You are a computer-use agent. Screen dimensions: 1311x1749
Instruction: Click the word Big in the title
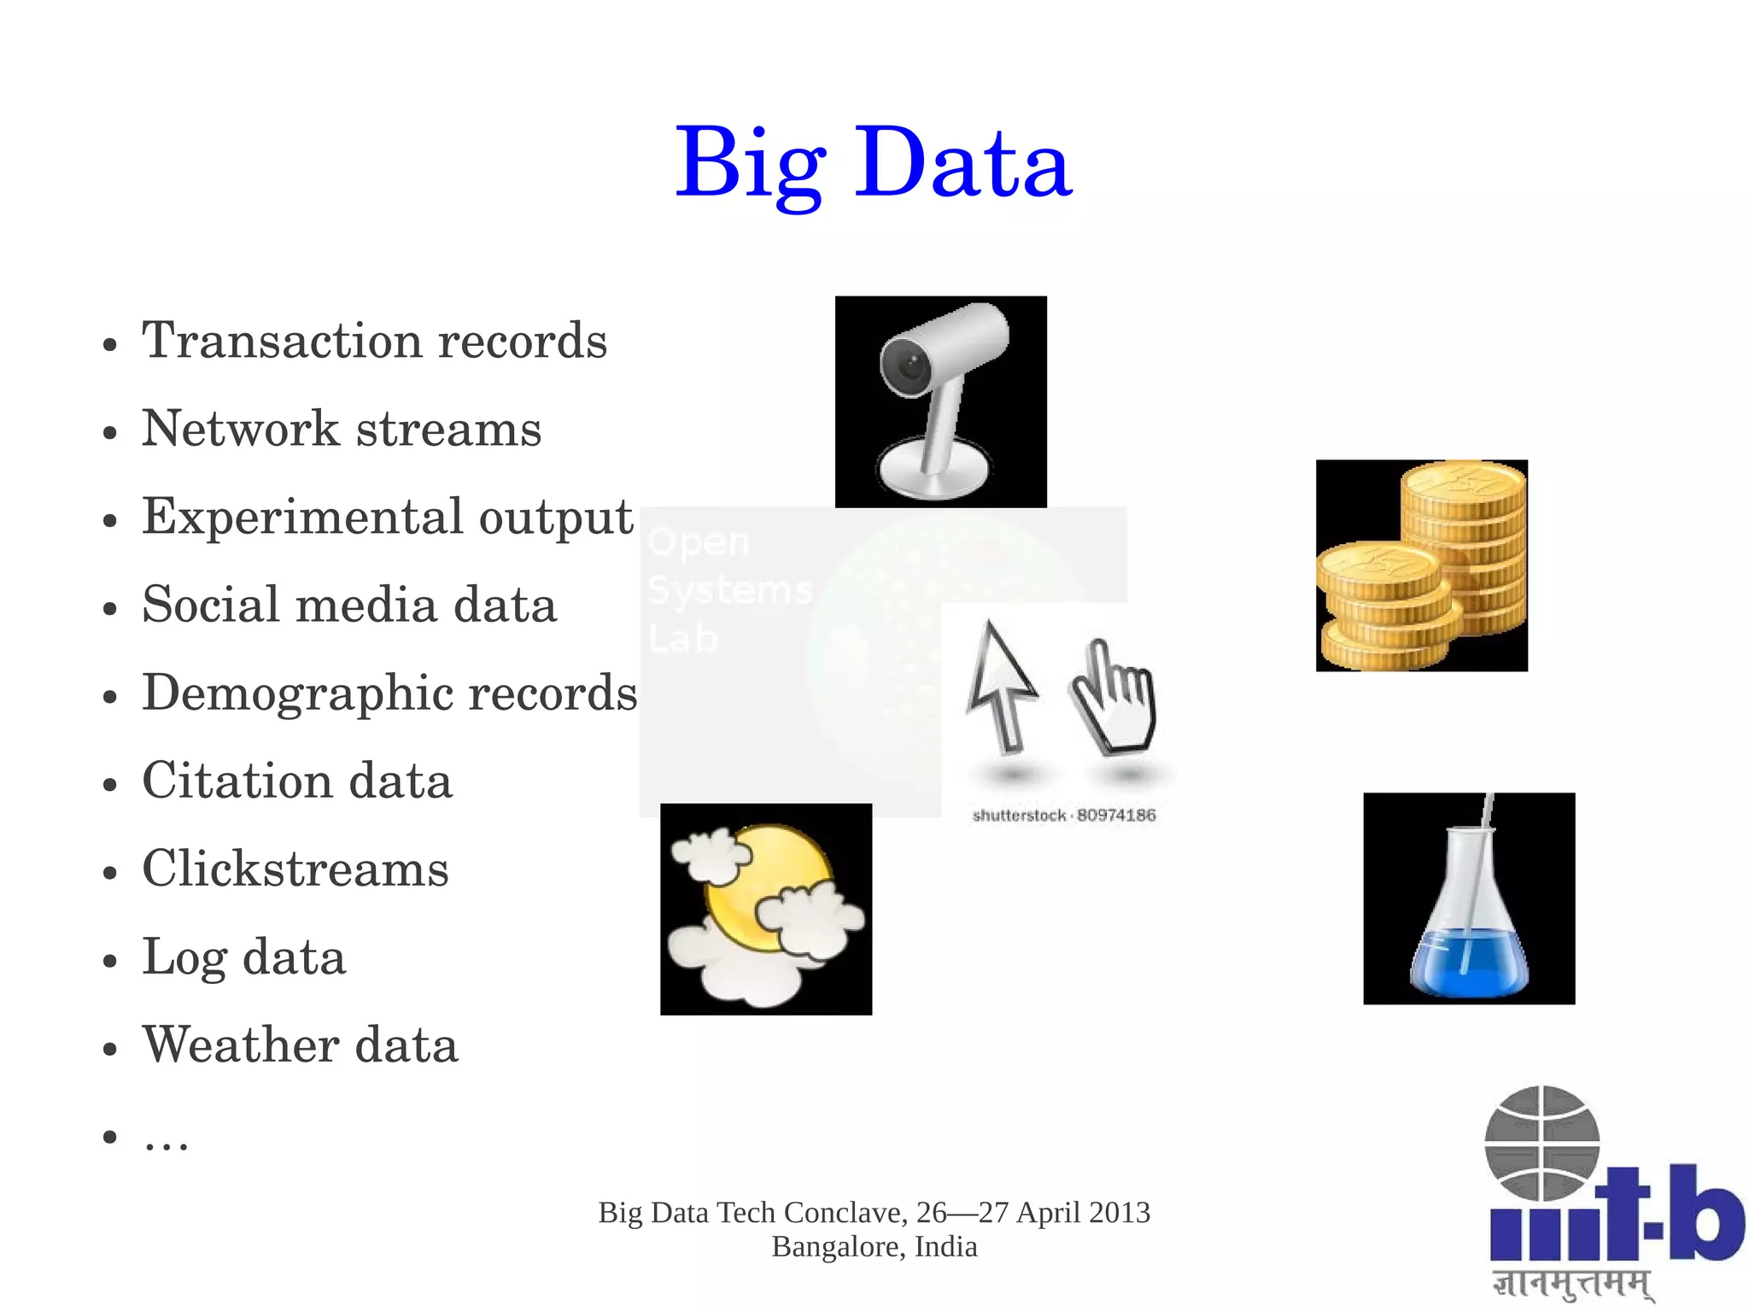click(750, 162)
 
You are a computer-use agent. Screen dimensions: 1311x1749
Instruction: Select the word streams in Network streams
click(448, 429)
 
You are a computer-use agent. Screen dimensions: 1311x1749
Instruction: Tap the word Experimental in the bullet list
click(302, 517)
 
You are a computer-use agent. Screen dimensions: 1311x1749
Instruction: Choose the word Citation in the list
click(237, 781)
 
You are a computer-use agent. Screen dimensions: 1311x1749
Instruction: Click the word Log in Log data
click(183, 957)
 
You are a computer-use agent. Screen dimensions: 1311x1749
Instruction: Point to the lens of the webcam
click(910, 367)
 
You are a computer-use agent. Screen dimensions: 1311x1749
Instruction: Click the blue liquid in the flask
click(1469, 965)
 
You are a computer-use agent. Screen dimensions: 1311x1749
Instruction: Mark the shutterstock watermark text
click(1063, 816)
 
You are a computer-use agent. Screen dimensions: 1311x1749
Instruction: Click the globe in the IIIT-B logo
click(1542, 1143)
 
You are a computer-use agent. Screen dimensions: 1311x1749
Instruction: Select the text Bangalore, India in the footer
click(874, 1247)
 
